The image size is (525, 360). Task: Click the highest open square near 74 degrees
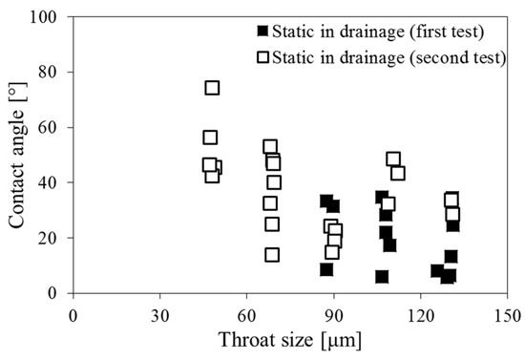[x=212, y=88]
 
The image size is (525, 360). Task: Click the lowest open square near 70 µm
[x=272, y=255]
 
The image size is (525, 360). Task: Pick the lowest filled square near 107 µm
[x=382, y=277]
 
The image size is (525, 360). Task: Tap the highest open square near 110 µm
[x=393, y=159]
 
